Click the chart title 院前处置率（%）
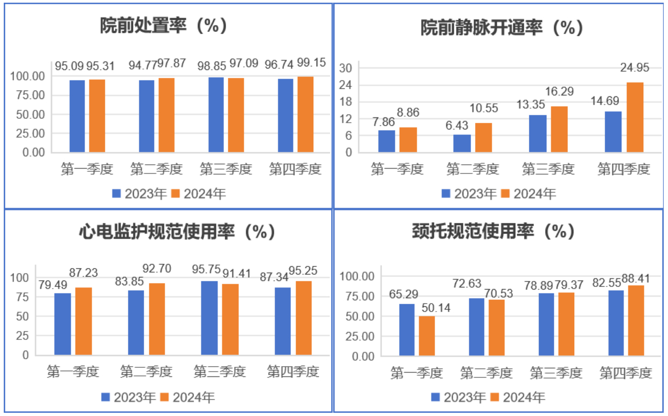(164, 26)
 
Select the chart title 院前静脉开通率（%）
(501, 28)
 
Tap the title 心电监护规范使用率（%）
(177, 231)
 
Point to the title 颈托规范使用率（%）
(493, 231)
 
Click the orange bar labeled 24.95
(635, 117)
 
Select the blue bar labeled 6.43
(462, 143)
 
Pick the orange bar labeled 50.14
(427, 336)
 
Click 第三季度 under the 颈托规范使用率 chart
(556, 373)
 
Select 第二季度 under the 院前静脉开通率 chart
(472, 170)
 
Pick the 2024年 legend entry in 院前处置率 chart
(198, 193)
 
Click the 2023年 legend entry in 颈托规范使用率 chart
(458, 397)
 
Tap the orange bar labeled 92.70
(157, 319)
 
